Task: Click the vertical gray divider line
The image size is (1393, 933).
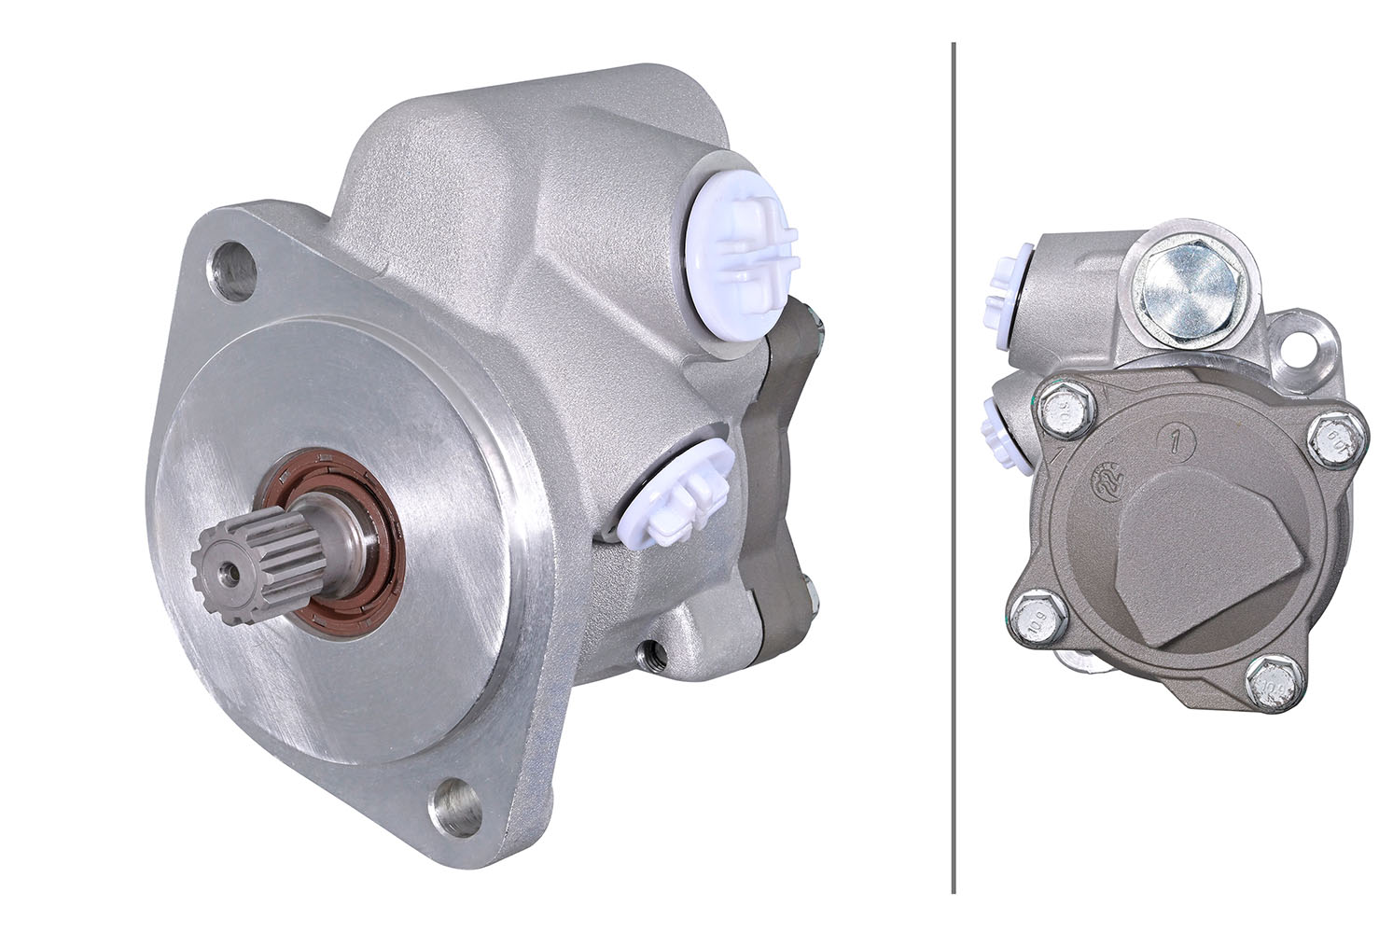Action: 953,466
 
